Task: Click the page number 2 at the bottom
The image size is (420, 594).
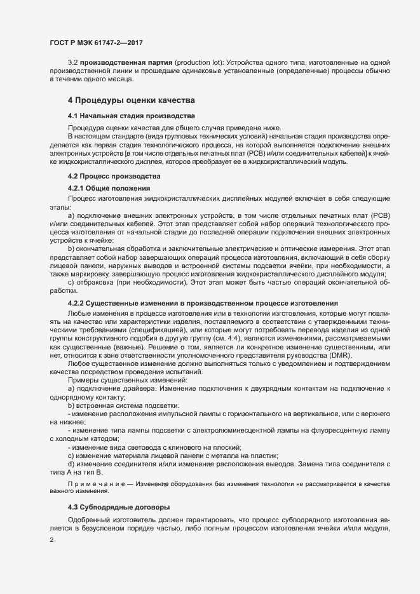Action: tap(51, 540)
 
